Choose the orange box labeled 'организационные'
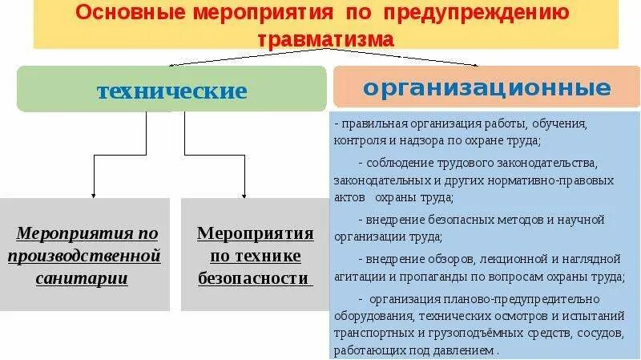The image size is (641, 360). (486, 87)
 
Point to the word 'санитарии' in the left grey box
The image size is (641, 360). (82, 278)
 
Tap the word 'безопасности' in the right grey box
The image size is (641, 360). (253, 278)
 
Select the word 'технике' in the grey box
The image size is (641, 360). (256, 256)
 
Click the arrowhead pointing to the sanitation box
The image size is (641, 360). (94, 194)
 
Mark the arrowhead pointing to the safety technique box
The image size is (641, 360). (244, 194)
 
